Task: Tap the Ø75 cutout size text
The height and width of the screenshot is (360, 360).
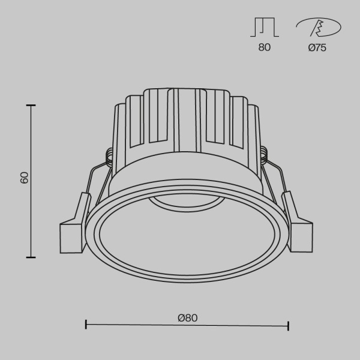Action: coord(317,48)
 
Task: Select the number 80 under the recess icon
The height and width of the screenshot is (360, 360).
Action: coord(264,48)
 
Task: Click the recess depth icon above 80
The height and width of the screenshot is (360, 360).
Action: coord(264,28)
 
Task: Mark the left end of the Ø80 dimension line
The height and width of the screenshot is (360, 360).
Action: coord(86,325)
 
